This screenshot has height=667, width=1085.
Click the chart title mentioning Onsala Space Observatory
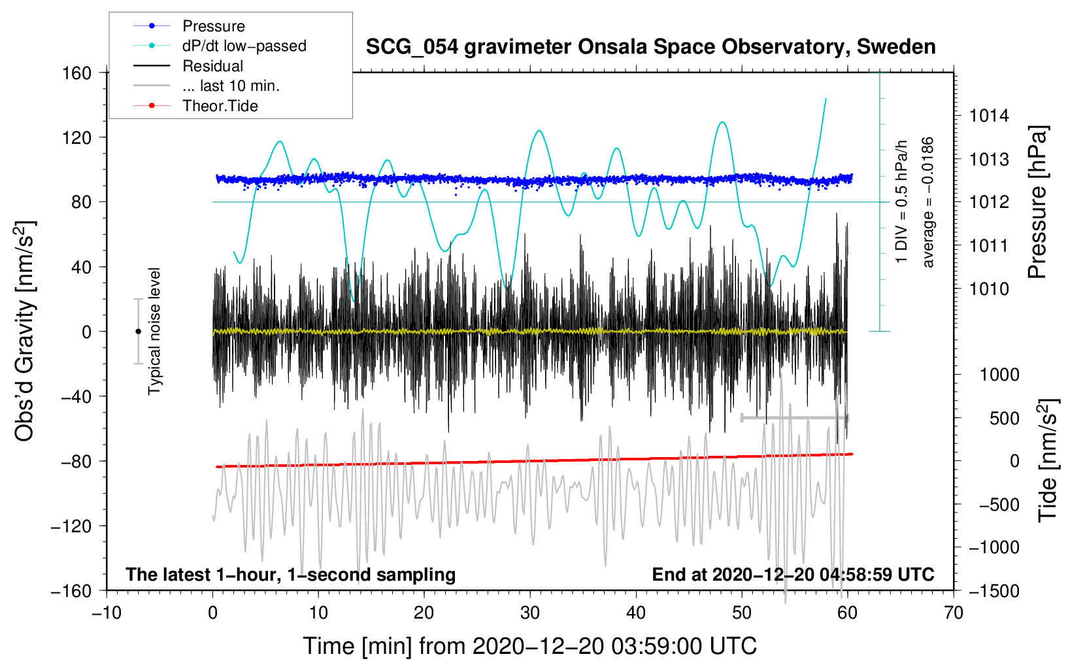(x=650, y=47)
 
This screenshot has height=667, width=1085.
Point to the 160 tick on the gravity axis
(x=77, y=73)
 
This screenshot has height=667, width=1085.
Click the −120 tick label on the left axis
(x=71, y=526)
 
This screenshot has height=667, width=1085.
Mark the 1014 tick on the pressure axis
(x=989, y=116)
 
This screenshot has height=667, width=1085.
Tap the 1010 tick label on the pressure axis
(x=989, y=290)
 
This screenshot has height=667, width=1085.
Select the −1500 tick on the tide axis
(x=994, y=591)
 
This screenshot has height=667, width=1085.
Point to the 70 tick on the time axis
(x=953, y=613)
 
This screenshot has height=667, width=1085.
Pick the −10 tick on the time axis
(x=107, y=613)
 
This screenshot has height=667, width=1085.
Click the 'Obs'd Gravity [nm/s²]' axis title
(x=25, y=331)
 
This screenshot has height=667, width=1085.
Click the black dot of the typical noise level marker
(x=138, y=332)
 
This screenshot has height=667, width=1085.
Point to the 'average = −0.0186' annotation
(x=927, y=202)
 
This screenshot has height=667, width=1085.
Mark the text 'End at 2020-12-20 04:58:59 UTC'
(x=793, y=574)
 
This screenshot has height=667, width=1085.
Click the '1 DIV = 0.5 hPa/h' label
(x=901, y=202)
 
